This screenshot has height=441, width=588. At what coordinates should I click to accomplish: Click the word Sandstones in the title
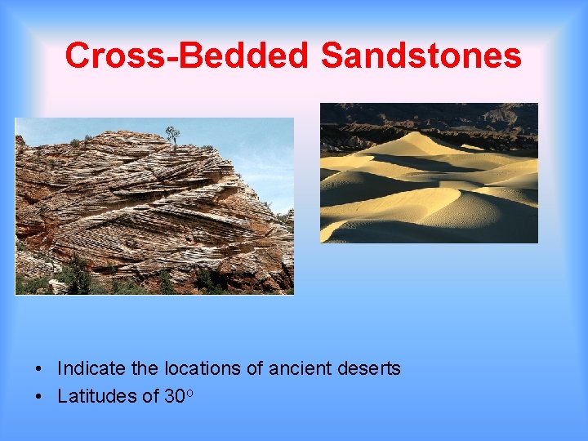pyautogui.click(x=421, y=56)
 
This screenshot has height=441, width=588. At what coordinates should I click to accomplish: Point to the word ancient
pyautogui.click(x=299, y=369)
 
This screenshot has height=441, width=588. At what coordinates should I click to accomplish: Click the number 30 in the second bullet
pyautogui.click(x=174, y=397)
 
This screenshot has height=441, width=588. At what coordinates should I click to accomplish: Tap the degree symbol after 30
pyautogui.click(x=189, y=392)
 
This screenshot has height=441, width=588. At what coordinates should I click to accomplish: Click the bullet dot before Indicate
pyautogui.click(x=39, y=370)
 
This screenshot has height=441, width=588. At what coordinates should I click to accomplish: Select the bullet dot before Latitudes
pyautogui.click(x=39, y=398)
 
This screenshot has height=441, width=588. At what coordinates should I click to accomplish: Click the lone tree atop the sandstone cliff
pyautogui.click(x=172, y=134)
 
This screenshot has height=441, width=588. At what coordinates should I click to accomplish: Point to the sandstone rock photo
pyautogui.click(x=154, y=212)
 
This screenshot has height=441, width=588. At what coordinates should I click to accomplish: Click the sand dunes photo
pyautogui.click(x=429, y=188)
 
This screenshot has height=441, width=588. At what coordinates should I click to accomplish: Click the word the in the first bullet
pyautogui.click(x=143, y=369)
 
